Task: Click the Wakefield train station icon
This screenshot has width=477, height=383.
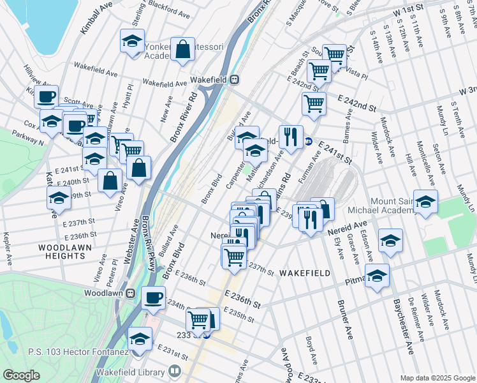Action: point(235,80)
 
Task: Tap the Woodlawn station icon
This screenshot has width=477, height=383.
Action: point(130,293)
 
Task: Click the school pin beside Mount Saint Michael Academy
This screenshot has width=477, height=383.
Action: point(425,201)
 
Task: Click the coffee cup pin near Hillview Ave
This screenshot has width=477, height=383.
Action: point(46,97)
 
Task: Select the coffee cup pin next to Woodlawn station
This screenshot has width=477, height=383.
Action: point(154,297)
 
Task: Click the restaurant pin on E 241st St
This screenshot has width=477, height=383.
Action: point(291,135)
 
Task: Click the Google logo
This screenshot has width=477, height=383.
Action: point(21,375)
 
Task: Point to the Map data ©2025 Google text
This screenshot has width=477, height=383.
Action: point(437,378)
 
